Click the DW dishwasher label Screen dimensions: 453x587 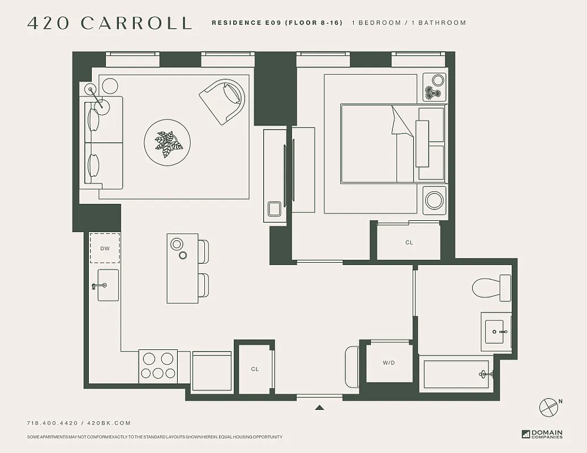coord(105,249)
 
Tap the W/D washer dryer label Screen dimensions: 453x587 coord(388,363)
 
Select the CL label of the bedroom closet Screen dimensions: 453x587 coord(409,242)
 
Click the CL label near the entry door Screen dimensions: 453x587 coord(255,369)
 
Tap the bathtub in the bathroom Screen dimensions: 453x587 coord(456,374)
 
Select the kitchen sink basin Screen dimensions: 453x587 coord(108,285)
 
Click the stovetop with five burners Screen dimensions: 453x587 coord(158,366)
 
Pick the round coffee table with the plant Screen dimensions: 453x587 coord(167,142)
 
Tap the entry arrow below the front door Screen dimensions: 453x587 coord(319,407)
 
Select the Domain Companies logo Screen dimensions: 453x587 coord(542,434)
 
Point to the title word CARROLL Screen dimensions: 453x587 coord(136,23)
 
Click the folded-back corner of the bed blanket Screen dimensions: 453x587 coord(400,122)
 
